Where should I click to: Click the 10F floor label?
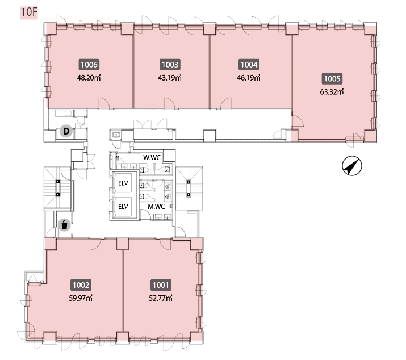29,12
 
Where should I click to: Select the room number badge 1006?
89,65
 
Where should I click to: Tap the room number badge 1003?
170,65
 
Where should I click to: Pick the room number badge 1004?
249,65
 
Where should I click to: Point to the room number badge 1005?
332,79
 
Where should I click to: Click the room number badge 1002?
81,285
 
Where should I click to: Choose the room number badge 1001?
161,285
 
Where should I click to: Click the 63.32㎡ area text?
332,91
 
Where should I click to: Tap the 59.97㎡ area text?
81,298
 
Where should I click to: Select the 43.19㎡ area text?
170,78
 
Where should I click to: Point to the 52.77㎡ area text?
161,298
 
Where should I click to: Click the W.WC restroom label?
152,157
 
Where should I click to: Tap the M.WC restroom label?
156,207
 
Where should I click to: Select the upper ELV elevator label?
123,183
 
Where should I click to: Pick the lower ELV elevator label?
123,207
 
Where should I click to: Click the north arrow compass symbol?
352,165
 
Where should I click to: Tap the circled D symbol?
66,131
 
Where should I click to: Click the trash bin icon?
65,224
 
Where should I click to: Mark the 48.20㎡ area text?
89,78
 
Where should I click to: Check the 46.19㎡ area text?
249,78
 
